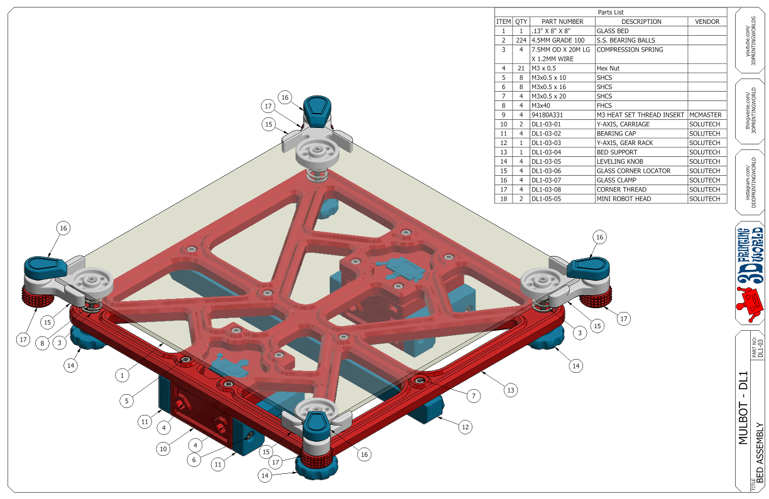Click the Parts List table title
(x=610, y=12)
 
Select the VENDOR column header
(x=707, y=21)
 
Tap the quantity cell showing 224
(x=521, y=40)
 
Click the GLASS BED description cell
(x=613, y=31)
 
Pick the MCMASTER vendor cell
(x=707, y=115)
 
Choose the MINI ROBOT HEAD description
(x=624, y=199)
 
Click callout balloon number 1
(x=123, y=375)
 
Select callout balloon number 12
(x=464, y=427)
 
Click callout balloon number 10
(x=163, y=449)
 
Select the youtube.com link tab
(x=751, y=40)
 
